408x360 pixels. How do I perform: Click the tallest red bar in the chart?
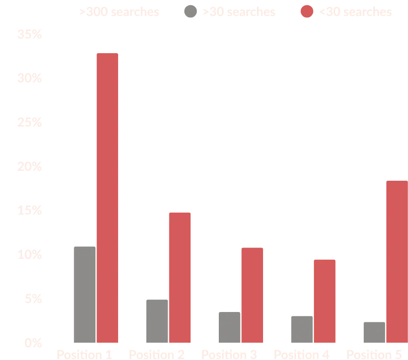(x=108, y=198)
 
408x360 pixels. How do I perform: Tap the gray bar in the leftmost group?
(x=85, y=294)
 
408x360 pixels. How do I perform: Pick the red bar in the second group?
(x=180, y=277)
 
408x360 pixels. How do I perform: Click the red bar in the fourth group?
(x=324, y=301)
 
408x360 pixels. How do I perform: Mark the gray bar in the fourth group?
(x=302, y=328)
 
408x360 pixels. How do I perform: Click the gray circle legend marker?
(x=188, y=11)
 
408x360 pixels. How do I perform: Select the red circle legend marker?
(x=307, y=11)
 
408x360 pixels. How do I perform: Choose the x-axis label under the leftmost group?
(x=85, y=353)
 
